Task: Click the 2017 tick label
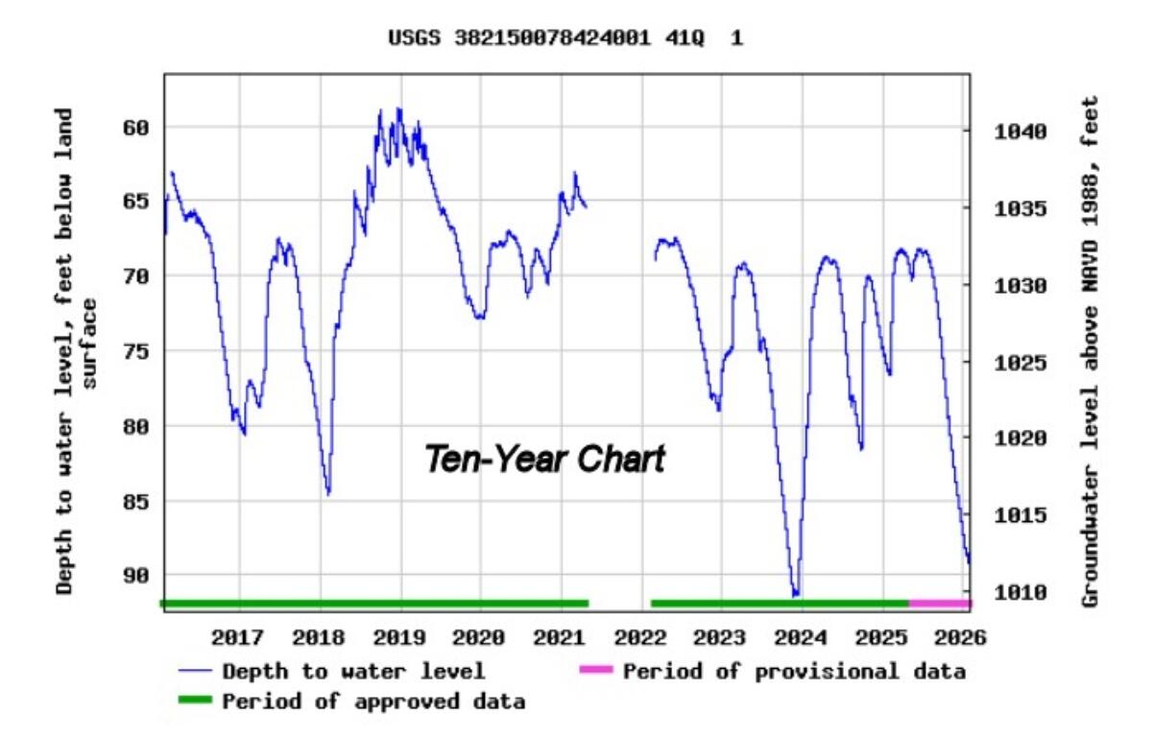tap(237, 637)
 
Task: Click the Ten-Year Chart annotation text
tap(544, 459)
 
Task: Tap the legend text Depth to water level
tap(353, 671)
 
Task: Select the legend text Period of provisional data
tap(794, 671)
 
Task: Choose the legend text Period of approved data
tap(373, 701)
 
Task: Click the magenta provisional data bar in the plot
tap(939, 603)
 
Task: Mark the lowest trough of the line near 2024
tap(795, 594)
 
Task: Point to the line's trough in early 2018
tap(328, 493)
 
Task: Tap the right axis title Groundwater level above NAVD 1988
tap(1090, 350)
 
